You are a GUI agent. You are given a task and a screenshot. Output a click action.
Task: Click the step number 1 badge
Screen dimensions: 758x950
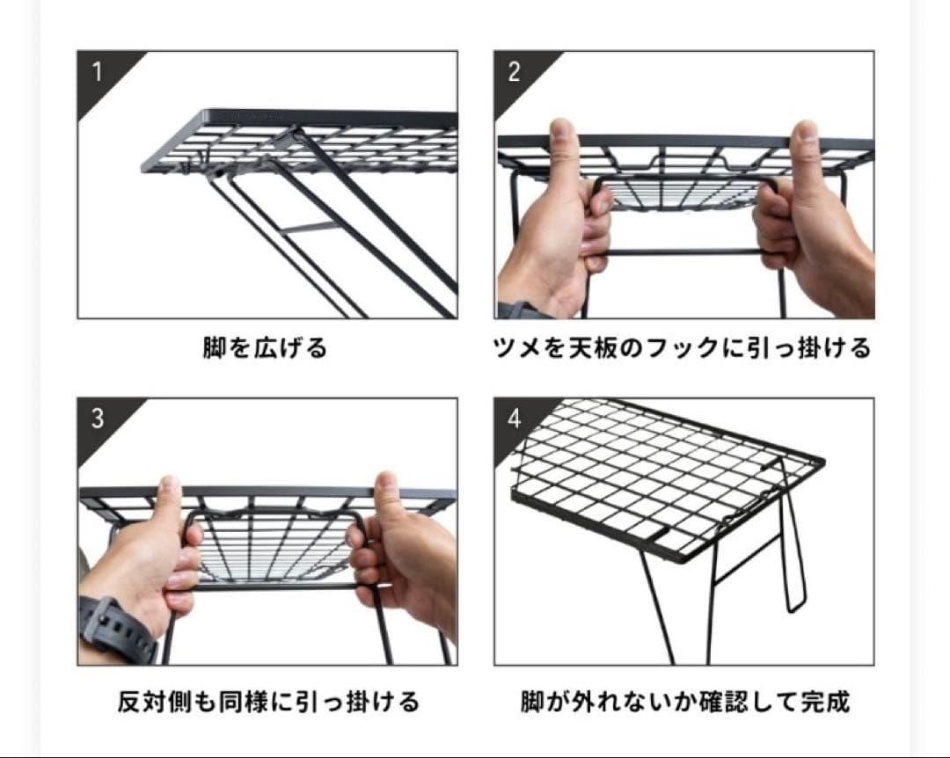(97, 71)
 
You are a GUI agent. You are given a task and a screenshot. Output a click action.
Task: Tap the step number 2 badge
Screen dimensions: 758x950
(514, 71)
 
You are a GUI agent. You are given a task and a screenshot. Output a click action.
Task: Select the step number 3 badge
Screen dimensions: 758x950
(97, 419)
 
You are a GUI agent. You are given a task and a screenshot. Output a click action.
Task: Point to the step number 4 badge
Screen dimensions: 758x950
(514, 419)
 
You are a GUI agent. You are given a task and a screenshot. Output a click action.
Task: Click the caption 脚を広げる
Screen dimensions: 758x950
(266, 349)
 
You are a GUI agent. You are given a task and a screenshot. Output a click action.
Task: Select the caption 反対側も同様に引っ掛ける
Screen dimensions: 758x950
(268, 703)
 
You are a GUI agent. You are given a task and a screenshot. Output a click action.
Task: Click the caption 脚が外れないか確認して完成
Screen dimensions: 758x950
(684, 703)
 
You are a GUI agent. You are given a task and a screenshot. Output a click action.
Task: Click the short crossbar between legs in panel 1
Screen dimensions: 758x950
(310, 228)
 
